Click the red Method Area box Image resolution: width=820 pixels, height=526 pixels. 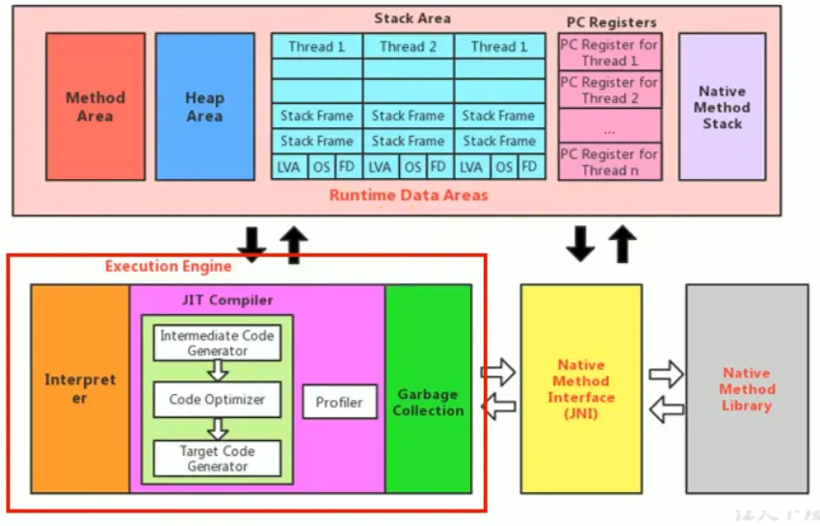click(x=95, y=106)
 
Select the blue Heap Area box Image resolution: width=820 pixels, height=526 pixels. click(x=204, y=106)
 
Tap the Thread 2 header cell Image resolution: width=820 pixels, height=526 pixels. click(x=408, y=46)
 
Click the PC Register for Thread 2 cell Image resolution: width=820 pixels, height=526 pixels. click(x=609, y=90)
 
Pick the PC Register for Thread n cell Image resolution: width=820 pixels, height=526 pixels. click(x=609, y=162)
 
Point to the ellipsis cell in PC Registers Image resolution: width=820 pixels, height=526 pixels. click(x=609, y=126)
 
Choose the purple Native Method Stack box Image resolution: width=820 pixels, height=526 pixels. click(x=722, y=107)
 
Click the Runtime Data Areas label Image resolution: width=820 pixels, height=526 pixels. click(x=409, y=195)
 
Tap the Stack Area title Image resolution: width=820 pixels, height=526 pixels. click(x=411, y=17)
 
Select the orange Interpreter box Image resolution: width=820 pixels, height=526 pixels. click(x=79, y=388)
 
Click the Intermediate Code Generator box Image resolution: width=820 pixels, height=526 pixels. click(x=217, y=343)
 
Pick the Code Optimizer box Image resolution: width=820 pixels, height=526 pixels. click(x=217, y=399)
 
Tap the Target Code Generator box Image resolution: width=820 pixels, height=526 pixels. click(x=217, y=458)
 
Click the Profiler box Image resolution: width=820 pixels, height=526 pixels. click(x=339, y=402)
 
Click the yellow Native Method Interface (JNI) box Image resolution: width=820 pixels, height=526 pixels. click(x=581, y=388)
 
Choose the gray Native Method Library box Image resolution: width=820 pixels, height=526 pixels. click(x=747, y=388)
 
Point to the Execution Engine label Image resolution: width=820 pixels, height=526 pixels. click(x=169, y=266)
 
